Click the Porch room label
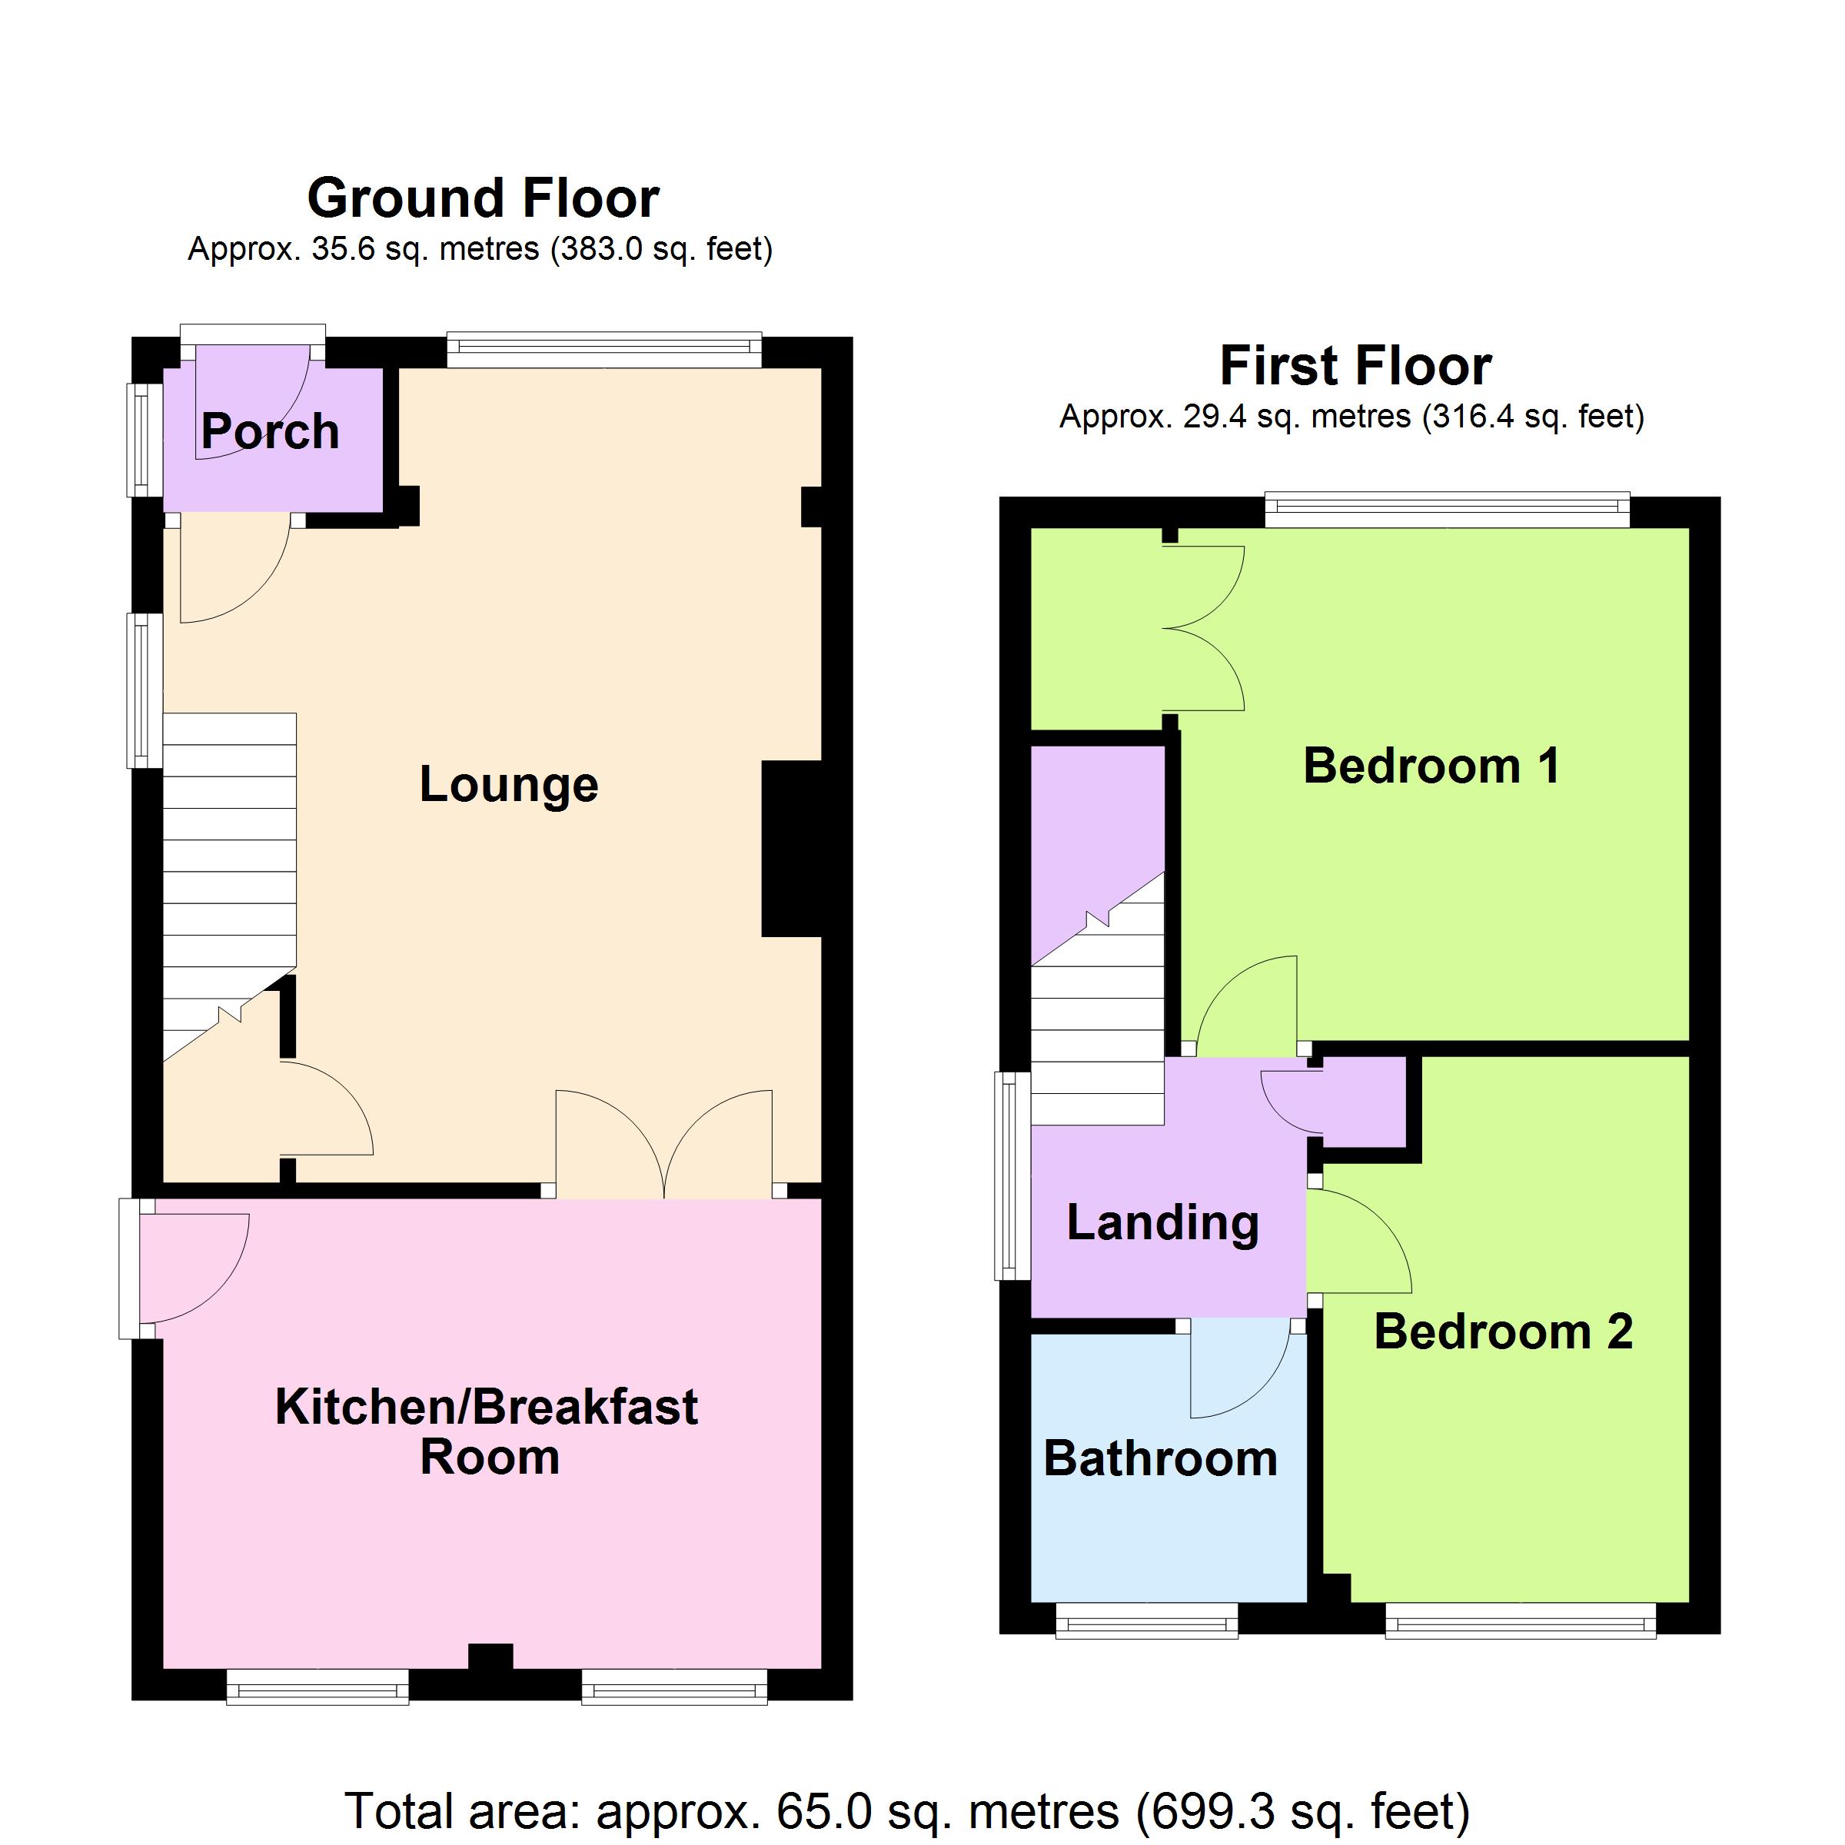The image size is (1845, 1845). [271, 431]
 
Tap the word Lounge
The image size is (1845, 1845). [509, 785]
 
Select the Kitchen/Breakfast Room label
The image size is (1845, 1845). [487, 1431]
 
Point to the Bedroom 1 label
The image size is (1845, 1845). [1431, 766]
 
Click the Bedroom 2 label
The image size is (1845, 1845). [1503, 1331]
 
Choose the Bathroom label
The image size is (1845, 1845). [1160, 1458]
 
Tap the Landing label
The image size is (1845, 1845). [1163, 1223]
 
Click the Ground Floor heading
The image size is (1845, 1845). [484, 198]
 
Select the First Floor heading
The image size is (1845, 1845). [1355, 366]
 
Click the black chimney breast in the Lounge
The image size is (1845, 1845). [792, 848]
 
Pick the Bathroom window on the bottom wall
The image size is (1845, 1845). [1147, 1621]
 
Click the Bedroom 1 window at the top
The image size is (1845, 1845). [1448, 510]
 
